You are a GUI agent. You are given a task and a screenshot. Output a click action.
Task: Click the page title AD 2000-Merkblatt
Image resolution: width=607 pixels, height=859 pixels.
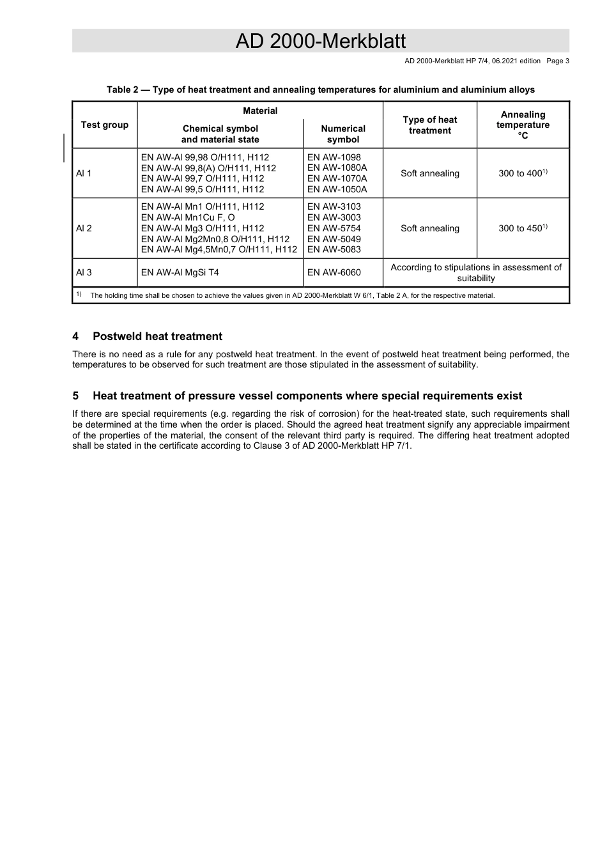coord(320,41)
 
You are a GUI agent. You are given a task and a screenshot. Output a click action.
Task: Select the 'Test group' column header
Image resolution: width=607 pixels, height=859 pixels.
coord(105,125)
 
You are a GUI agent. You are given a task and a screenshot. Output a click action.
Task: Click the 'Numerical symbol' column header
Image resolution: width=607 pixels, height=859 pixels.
coord(343,134)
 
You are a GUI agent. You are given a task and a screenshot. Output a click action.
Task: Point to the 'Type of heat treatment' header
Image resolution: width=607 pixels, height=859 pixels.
coord(429,125)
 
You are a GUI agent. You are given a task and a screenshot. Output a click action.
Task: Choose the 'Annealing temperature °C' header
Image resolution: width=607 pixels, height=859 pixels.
coord(523,125)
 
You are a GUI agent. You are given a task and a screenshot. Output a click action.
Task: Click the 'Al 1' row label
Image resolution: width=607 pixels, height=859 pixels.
coord(84,173)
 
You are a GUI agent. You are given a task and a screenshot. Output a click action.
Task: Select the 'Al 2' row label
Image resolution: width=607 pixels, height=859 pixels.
coord(84,228)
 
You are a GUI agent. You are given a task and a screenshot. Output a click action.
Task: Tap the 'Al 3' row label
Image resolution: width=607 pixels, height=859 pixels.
coord(84,272)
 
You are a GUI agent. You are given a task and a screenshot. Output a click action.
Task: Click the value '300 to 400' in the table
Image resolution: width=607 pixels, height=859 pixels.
coord(521,173)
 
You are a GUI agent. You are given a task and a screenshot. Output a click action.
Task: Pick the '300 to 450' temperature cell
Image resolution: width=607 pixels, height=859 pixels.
coord(521,228)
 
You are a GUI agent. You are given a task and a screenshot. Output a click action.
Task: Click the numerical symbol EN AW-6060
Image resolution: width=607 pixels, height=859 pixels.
coord(334,272)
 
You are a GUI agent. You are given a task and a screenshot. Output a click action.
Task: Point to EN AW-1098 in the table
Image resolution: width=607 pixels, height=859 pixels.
coord(334,157)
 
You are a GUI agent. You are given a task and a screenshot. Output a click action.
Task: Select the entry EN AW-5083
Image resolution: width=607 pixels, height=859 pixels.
coord(334,250)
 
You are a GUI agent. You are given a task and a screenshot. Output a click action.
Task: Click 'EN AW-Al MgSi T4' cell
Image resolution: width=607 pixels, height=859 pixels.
coord(180,272)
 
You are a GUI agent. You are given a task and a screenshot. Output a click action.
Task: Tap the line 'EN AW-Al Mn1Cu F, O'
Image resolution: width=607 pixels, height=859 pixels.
coord(188,217)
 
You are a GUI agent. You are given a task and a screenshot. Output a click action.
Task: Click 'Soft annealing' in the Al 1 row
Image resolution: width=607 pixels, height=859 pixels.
coord(429,173)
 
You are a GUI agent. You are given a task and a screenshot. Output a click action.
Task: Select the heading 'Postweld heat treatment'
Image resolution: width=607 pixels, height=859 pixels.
coord(157,336)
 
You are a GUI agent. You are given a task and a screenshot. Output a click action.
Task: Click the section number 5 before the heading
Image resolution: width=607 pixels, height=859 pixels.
coord(75,396)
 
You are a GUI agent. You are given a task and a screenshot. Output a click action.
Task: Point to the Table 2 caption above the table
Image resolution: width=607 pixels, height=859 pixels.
coord(320,89)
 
